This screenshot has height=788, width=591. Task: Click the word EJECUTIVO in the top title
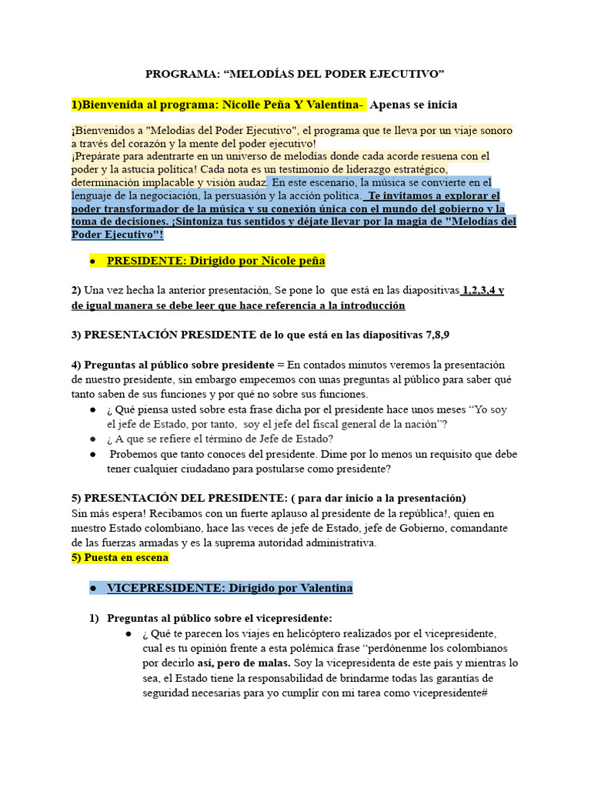coord(407,74)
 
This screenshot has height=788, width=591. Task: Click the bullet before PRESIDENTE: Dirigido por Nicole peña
coord(92,262)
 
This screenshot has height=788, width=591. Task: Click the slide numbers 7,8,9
coord(437,335)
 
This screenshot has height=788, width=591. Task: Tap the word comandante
coord(478,528)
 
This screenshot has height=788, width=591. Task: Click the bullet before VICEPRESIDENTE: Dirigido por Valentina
coord(92,588)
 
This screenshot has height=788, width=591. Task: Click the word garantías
coord(466,677)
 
